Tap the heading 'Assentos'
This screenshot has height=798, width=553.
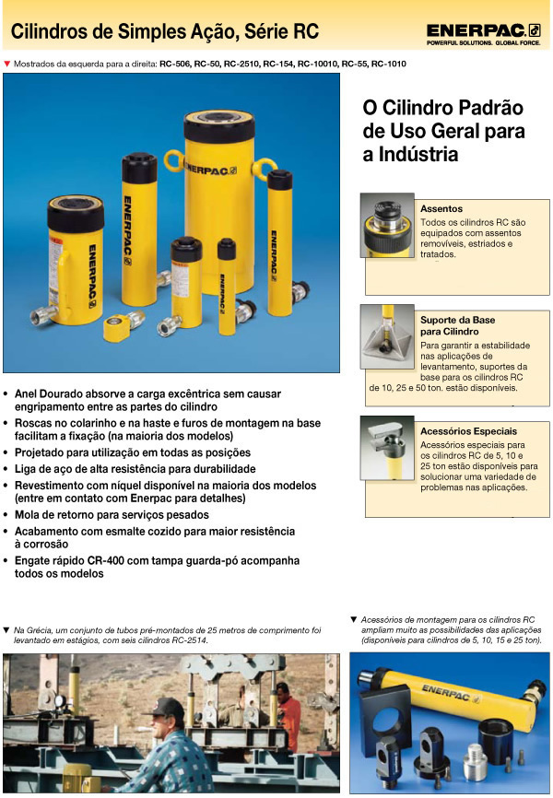coord(441,209)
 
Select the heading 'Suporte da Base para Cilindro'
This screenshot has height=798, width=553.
coord(458,325)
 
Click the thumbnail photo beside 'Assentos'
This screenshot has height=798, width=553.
coord(387,224)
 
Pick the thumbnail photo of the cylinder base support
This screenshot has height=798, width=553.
coord(387,337)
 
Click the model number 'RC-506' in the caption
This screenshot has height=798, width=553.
coord(176,65)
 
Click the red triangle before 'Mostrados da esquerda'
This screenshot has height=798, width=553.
coord(8,64)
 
